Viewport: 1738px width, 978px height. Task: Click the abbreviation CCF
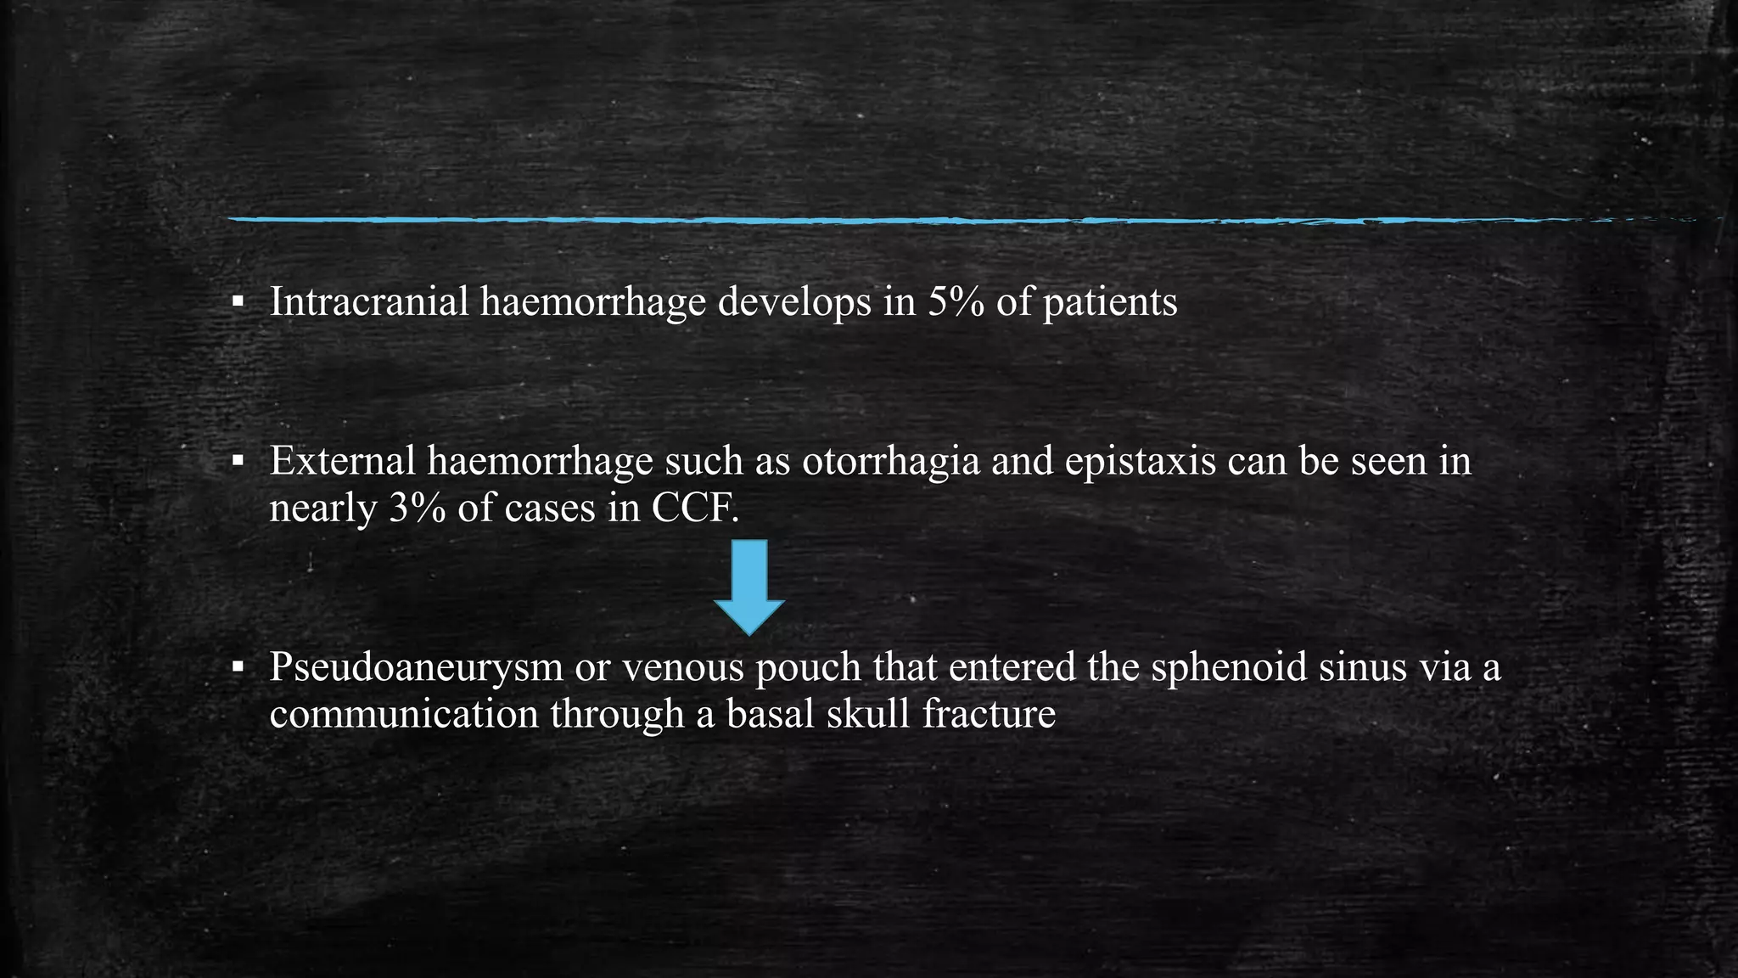(692, 509)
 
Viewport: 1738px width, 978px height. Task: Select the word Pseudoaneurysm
(416, 668)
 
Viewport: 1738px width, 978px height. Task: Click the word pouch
(808, 668)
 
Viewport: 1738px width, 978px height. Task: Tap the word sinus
(1353, 666)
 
